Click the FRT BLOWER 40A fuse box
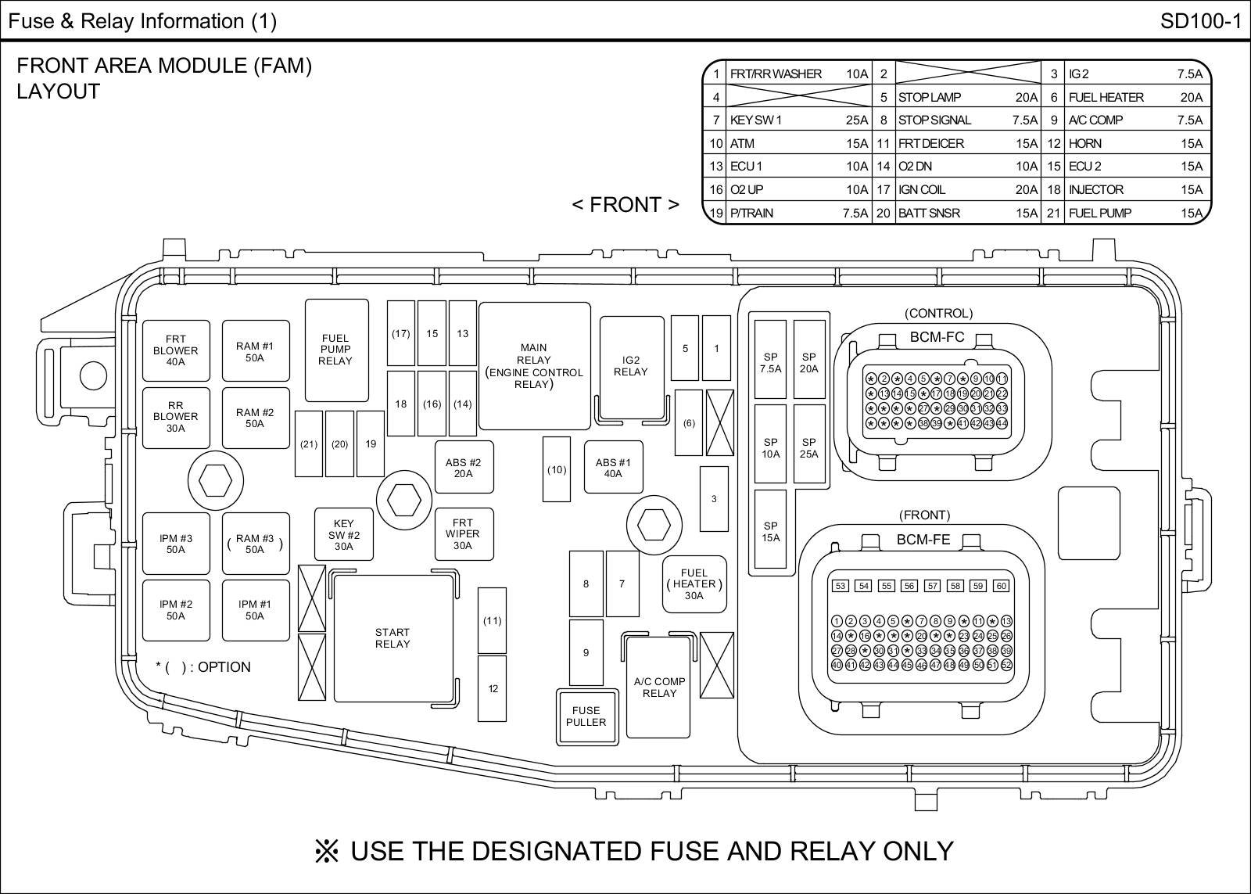pos(176,350)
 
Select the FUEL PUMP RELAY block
pos(336,350)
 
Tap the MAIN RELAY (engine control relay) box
pos(534,366)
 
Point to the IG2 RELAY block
pos(631,366)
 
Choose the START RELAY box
pos(393,638)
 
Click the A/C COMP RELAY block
pos(658,688)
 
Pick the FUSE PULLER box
pos(586,716)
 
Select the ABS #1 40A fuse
pos(613,468)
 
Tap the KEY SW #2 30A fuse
pos(343,535)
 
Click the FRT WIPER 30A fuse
pos(463,534)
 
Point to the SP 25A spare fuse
pos(809,447)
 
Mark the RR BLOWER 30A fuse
pos(176,417)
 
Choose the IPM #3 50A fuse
pos(176,544)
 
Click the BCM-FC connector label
pos(937,338)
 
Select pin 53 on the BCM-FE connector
pos(841,586)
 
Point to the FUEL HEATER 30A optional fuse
pos(694,584)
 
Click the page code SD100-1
pos(1200,21)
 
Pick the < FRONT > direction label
pos(625,205)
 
